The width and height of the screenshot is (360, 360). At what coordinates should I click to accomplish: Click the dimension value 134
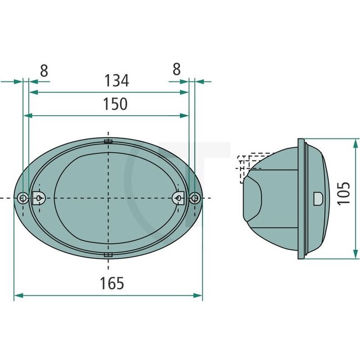point(116,81)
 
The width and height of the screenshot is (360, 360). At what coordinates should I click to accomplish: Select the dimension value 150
point(115,104)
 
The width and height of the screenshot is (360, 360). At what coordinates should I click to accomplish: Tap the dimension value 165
point(112,284)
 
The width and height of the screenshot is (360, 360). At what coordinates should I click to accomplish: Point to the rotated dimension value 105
point(344,193)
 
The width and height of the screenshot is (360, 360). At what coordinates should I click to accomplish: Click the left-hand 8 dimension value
point(44,70)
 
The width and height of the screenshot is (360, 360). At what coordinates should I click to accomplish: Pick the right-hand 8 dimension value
point(176,70)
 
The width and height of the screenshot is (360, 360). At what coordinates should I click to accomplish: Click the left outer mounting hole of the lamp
point(22,198)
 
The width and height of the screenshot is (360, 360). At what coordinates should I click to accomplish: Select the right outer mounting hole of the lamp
point(194,198)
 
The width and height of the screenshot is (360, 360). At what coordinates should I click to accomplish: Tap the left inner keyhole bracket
point(39,197)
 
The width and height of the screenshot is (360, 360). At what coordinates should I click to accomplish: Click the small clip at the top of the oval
point(109,142)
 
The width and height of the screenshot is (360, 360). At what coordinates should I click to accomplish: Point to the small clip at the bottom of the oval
point(109,255)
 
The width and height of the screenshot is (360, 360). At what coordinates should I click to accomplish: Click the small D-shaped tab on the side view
point(318,198)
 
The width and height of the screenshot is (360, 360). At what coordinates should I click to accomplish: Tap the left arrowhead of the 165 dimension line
point(17,296)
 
